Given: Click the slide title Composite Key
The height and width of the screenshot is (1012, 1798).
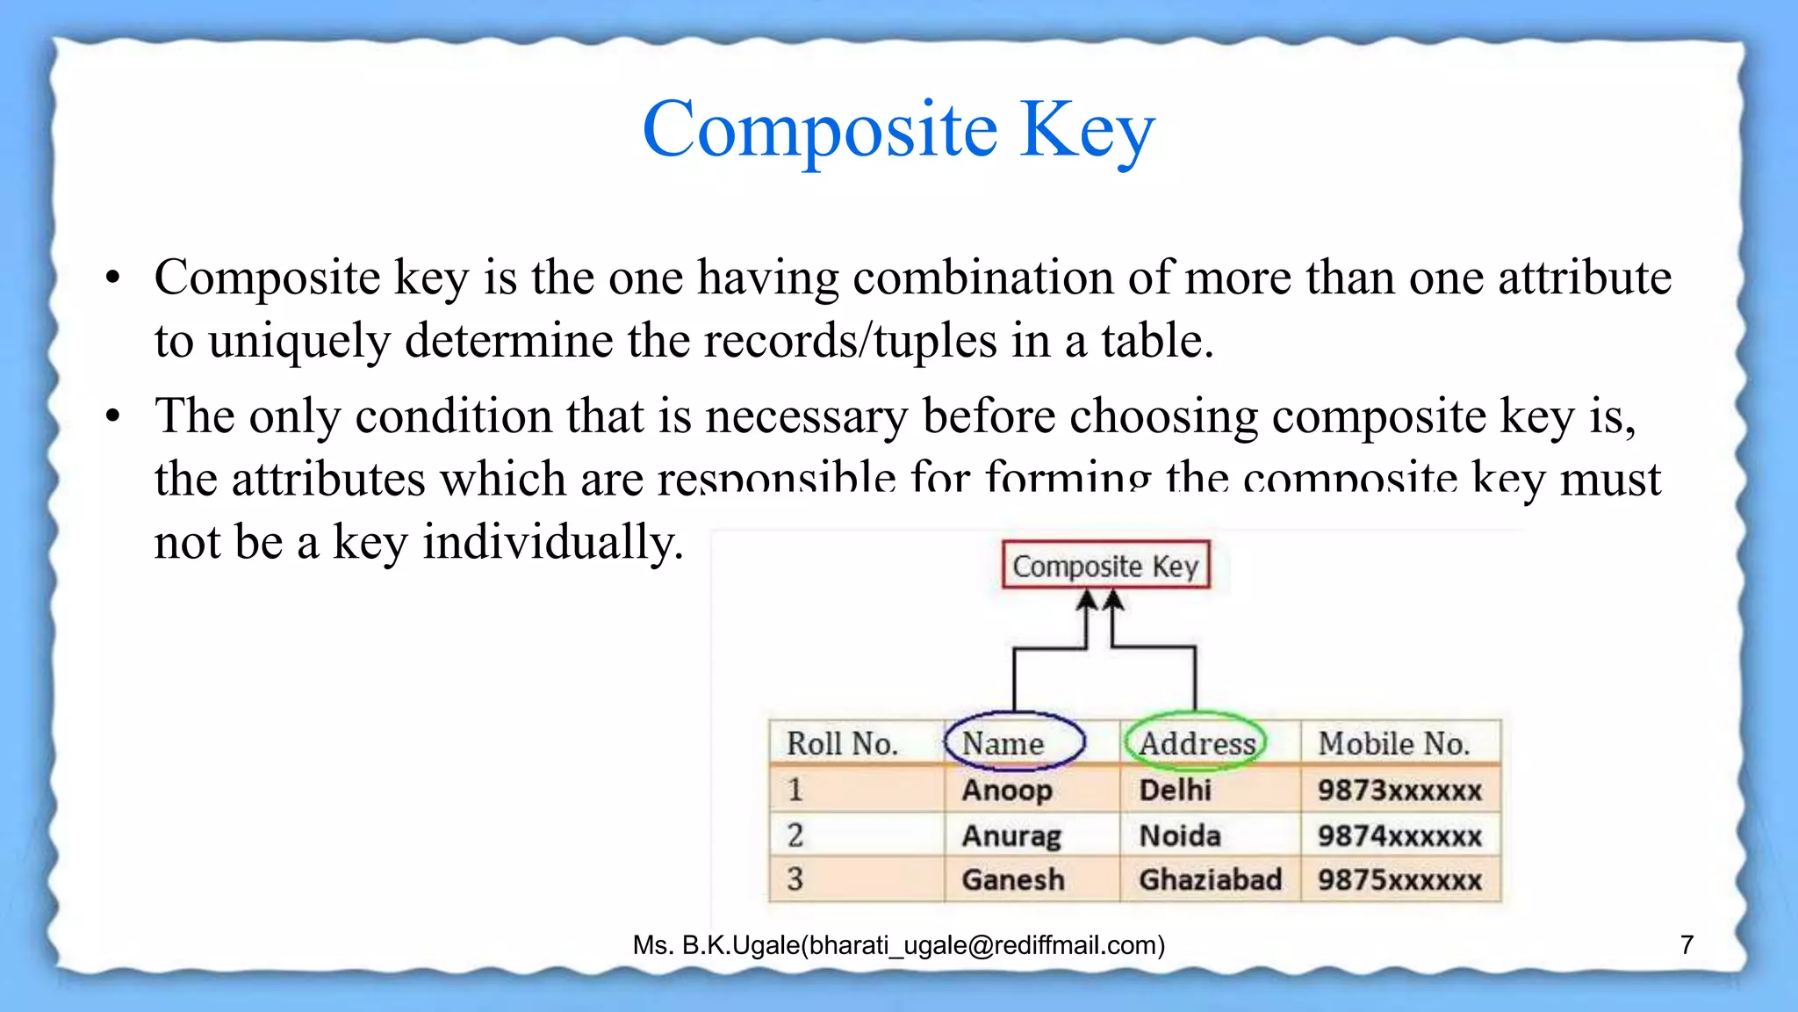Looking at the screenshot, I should pyautogui.click(x=898, y=130).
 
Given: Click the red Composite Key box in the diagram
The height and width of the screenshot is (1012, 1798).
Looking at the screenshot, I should pyautogui.click(x=1105, y=566).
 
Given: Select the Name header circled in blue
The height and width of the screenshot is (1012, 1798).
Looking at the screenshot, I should pyautogui.click(x=1003, y=743).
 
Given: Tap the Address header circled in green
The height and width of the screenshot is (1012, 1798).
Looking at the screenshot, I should pyautogui.click(x=1197, y=743).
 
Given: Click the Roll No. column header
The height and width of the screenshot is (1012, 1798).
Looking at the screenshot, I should pyautogui.click(x=842, y=743).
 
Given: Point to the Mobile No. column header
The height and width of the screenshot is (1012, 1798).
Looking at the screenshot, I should pyautogui.click(x=1393, y=743).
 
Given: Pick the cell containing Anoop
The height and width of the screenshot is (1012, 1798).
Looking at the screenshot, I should pyautogui.click(x=1007, y=790).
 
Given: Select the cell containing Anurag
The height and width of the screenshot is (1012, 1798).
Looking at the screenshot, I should pyautogui.click(x=1011, y=835).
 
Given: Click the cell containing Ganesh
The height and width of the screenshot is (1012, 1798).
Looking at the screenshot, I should pyautogui.click(x=1013, y=879).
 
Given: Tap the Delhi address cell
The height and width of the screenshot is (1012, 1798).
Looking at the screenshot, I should pyautogui.click(x=1175, y=790).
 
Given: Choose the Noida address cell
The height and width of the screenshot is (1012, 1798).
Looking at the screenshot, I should pyautogui.click(x=1180, y=835).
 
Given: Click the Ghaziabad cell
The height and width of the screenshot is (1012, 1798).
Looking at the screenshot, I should pyautogui.click(x=1210, y=879).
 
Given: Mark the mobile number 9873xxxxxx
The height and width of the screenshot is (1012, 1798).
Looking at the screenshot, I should pyautogui.click(x=1399, y=790).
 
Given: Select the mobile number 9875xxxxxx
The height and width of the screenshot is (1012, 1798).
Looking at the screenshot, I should pyautogui.click(x=1399, y=879).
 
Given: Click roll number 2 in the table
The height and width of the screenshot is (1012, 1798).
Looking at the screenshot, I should pyautogui.click(x=795, y=835).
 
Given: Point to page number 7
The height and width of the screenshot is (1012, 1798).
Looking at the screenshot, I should pyautogui.click(x=1687, y=944).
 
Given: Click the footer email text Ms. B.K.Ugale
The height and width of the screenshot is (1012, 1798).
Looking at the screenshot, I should pyautogui.click(x=898, y=945).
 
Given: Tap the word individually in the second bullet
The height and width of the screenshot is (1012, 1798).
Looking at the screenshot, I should pyautogui.click(x=552, y=542).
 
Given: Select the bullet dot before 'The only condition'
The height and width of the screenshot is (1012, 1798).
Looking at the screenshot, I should pyautogui.click(x=112, y=416).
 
